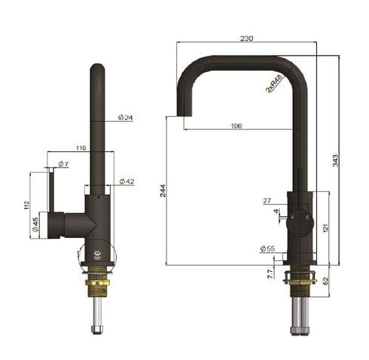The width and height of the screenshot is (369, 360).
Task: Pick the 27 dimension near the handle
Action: tap(267, 200)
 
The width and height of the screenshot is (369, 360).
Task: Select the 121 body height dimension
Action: tap(325, 228)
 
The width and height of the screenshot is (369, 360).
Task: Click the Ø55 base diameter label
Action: tap(267, 248)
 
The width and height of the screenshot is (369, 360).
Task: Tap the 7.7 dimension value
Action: tap(269, 275)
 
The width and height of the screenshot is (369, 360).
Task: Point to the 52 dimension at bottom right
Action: tap(325, 279)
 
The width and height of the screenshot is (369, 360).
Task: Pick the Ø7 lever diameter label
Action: tap(63, 164)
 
